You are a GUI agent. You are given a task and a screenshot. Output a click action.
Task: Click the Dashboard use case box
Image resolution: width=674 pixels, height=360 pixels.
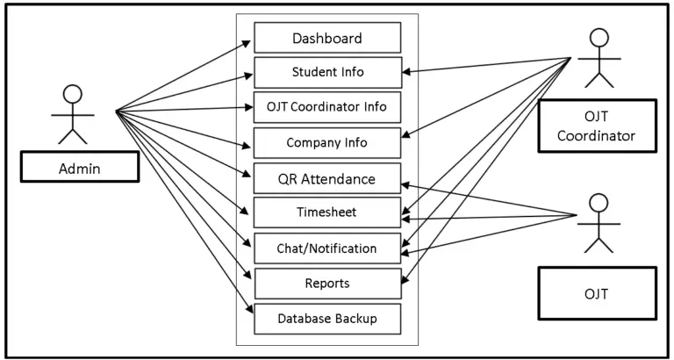[x=327, y=38]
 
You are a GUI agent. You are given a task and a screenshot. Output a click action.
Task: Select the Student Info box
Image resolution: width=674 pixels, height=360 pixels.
[x=327, y=72]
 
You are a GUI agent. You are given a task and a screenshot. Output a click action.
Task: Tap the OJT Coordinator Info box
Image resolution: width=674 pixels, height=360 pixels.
[x=327, y=107]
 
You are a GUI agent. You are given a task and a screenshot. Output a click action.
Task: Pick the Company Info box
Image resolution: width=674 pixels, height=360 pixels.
[x=327, y=142]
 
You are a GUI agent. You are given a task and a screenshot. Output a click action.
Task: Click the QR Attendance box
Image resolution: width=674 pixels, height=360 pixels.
[x=327, y=178]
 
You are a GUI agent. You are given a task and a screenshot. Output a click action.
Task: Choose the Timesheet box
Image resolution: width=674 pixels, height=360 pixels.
[x=327, y=212]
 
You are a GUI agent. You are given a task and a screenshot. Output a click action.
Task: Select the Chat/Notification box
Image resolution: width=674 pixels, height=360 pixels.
[x=327, y=248]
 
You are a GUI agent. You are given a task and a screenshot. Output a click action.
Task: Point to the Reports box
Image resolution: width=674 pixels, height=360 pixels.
[x=327, y=283]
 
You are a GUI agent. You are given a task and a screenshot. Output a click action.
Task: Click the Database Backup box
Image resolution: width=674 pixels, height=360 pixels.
[x=327, y=318]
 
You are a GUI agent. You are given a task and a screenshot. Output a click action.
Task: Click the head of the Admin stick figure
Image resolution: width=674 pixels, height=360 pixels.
[x=73, y=94]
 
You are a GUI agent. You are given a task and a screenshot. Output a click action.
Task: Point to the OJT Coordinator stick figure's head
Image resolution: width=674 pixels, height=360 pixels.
[x=599, y=39]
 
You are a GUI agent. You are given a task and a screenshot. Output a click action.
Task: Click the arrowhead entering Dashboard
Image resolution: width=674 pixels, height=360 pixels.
[x=251, y=40]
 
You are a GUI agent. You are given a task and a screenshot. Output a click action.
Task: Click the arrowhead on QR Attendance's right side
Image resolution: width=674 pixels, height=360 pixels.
[x=405, y=184]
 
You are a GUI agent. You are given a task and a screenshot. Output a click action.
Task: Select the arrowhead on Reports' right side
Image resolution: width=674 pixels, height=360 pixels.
[x=405, y=282]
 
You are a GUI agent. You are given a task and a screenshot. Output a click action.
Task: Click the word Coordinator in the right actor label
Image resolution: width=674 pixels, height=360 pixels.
[x=597, y=136]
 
